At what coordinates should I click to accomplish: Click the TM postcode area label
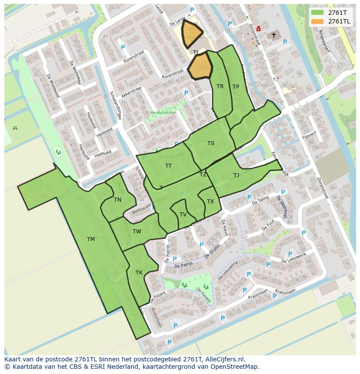point(90,239)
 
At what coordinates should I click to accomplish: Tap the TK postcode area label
point(139,273)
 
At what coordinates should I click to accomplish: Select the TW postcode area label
point(137,231)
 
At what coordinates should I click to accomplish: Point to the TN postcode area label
point(117,200)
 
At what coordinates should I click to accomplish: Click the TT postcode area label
point(168,166)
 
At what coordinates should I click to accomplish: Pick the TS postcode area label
point(211,143)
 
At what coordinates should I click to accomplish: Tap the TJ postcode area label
point(236,175)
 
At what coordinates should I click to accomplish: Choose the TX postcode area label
point(210,202)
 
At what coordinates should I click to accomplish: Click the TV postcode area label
point(183,215)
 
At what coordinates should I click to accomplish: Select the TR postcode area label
point(220,86)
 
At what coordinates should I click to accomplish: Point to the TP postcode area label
point(236,87)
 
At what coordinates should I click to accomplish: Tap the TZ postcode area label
point(203,175)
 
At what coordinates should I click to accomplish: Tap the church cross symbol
point(274,35)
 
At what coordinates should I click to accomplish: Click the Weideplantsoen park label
point(163,112)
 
